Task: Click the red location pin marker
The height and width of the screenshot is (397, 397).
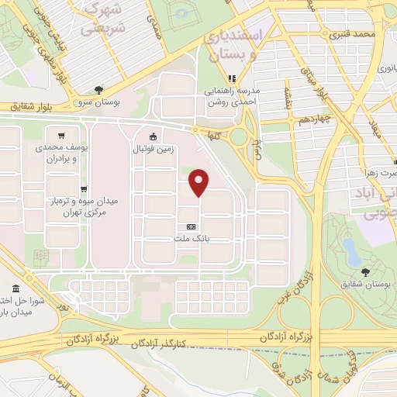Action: tap(199, 181)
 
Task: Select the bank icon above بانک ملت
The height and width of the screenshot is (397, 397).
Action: tap(191, 226)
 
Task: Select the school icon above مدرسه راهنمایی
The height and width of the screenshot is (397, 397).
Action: tap(230, 78)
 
